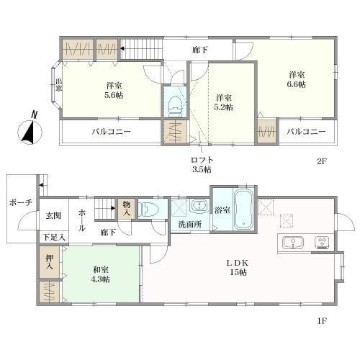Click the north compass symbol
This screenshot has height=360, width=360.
click(x=30, y=130)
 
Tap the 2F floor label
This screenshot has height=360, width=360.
click(x=322, y=161)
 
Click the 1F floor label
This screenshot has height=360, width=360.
click(x=322, y=321)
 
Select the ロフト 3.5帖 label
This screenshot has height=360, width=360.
click(x=202, y=165)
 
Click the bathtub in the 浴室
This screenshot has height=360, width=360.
click(x=243, y=210)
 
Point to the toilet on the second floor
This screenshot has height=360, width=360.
click(x=175, y=106)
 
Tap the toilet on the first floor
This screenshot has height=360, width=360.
click(x=149, y=209)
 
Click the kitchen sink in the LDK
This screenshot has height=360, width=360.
click(x=293, y=243)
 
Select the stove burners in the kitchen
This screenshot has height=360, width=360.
click(x=323, y=243)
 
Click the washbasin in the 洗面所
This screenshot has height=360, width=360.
click(x=199, y=206)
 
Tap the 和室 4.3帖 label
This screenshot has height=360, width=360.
click(x=101, y=274)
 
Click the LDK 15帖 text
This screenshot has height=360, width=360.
click(x=238, y=268)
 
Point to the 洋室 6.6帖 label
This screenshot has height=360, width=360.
click(x=297, y=79)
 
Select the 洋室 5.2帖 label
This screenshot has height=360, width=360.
click(x=223, y=102)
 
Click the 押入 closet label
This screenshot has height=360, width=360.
click(x=50, y=262)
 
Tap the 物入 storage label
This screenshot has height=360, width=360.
click(x=127, y=208)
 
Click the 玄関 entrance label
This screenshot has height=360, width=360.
click(x=53, y=216)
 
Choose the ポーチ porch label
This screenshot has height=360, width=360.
click(x=21, y=203)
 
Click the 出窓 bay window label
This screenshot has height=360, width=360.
click(x=58, y=85)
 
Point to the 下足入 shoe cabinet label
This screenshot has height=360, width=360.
click(x=54, y=238)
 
